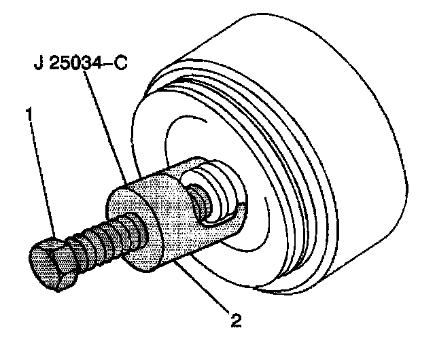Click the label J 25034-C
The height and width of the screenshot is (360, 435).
[80, 66]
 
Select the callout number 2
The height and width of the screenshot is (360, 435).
[235, 318]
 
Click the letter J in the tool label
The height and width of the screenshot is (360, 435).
[37, 66]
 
